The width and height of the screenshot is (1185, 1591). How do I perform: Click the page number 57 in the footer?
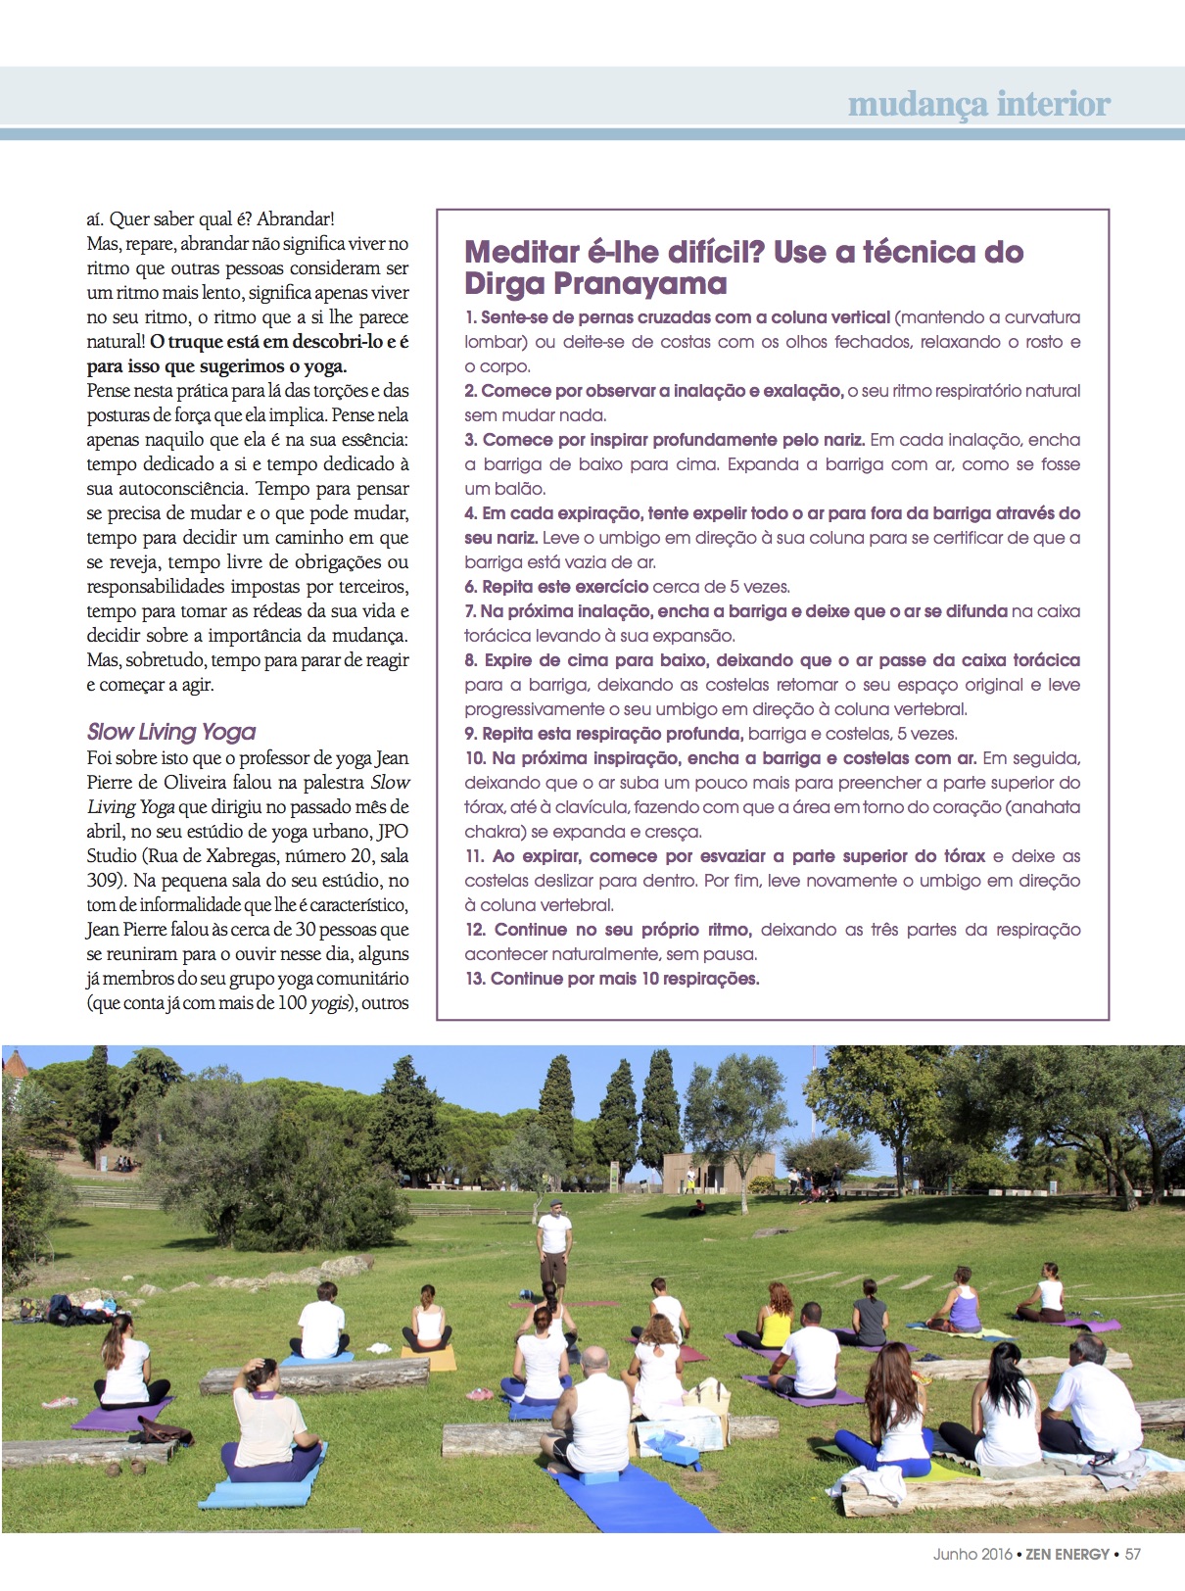(1133, 1554)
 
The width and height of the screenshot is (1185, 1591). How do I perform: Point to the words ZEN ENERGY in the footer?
(1066, 1554)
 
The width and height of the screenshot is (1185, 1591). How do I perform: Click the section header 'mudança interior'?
(978, 104)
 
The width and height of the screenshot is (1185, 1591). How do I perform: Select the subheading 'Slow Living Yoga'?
(171, 732)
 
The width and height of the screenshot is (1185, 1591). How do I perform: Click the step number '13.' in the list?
(475, 979)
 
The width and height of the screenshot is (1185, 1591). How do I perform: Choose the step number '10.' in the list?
(475, 758)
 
